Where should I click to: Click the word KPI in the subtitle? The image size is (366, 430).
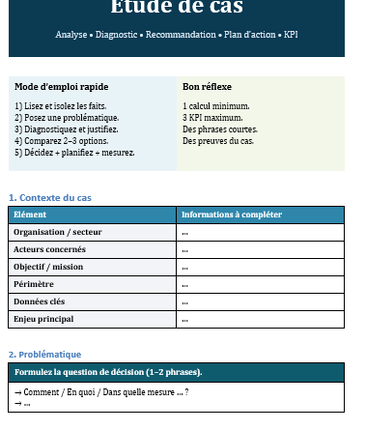tap(290, 35)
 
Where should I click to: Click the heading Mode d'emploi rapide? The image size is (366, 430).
tap(61, 87)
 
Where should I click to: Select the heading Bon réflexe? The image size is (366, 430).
tap(207, 87)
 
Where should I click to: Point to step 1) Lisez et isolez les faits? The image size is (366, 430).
tap(60, 105)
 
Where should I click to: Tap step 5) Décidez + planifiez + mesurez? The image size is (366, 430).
tap(74, 152)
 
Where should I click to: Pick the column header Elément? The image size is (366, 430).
tap(30, 215)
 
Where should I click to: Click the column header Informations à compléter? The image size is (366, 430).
tap(231, 215)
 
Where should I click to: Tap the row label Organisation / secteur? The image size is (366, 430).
tap(57, 232)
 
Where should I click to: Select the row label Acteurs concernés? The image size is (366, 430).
tap(50, 249)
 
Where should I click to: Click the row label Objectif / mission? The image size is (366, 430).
tap(48, 267)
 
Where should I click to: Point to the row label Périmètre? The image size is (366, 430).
tap(34, 284)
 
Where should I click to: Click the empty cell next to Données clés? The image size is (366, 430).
tap(261, 301)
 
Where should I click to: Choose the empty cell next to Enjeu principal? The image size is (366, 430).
tap(261, 319)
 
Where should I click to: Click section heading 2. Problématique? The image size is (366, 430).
tap(44, 355)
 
